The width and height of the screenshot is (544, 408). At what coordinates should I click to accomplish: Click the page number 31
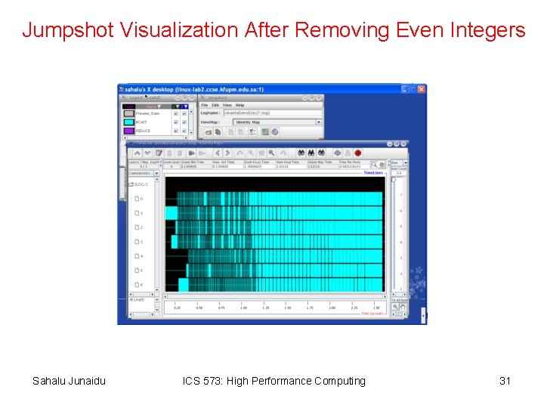coord(505,381)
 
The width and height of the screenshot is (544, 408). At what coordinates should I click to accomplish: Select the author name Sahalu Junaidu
coord(69,381)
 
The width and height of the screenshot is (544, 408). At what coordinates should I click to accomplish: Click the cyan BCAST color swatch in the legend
coord(128,122)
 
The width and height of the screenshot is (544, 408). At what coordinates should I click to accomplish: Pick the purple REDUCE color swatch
coord(128,131)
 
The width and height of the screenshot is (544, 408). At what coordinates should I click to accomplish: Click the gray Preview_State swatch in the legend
coord(128,113)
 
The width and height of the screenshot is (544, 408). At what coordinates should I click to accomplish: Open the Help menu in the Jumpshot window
coord(240,105)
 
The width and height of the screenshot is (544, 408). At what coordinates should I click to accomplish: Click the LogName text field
coord(272,113)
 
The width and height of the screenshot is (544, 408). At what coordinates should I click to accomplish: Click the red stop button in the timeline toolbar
coord(358,153)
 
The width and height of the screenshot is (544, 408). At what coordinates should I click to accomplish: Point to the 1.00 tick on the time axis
coord(243,308)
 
